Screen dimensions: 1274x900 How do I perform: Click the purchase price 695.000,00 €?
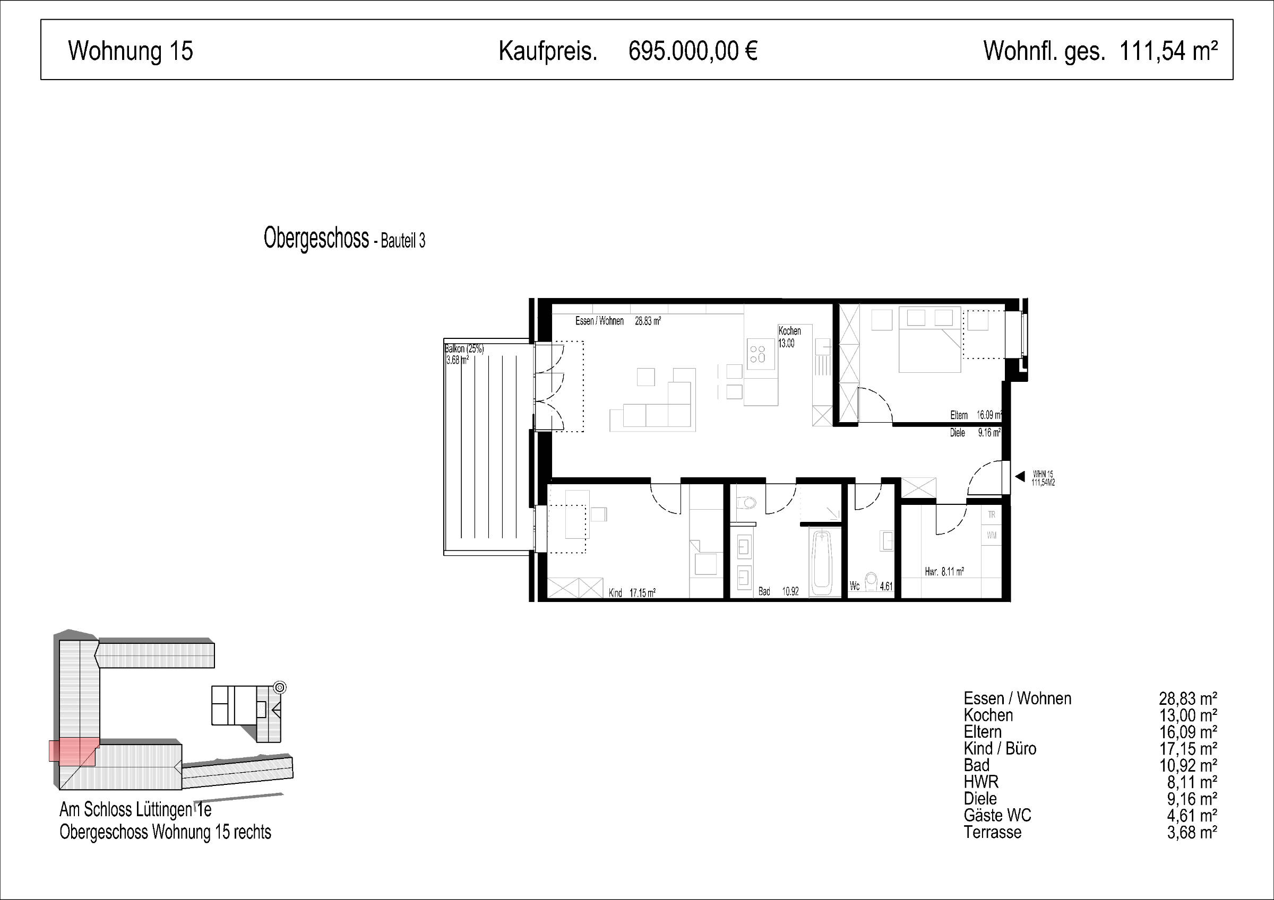point(693,51)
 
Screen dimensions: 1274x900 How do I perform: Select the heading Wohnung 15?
point(131,51)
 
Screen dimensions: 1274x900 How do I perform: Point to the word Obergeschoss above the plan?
point(316,239)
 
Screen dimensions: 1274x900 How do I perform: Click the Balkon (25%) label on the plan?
point(464,349)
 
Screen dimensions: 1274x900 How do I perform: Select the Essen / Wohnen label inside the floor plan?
point(599,321)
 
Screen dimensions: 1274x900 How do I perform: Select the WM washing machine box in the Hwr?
point(992,536)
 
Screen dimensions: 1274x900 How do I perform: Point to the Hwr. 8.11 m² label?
point(944,572)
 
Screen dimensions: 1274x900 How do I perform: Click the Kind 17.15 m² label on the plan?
point(632,593)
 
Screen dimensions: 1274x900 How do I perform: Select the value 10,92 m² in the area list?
point(1188,765)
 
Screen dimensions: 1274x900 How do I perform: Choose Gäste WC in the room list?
point(997,815)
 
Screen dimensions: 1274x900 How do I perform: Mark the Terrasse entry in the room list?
point(993,832)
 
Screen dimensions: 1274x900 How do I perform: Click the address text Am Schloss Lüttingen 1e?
point(135,810)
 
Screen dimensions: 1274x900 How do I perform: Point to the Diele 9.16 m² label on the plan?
point(975,433)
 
